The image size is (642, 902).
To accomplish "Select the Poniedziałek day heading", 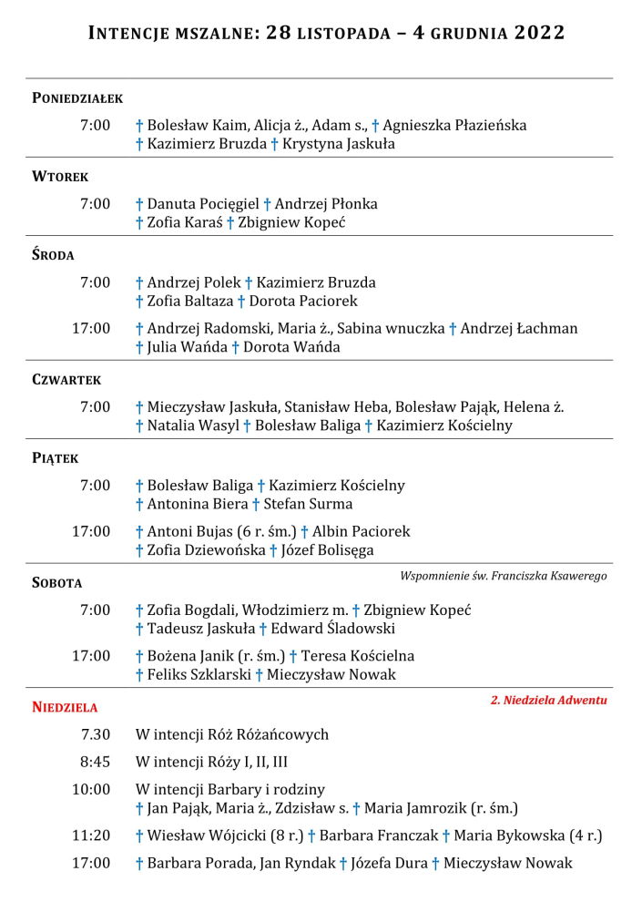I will point(77,98).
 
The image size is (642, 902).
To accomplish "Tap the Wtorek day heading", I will point(60,177).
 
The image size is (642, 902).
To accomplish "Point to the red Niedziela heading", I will point(65,707).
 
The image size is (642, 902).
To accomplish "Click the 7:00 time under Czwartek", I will point(95,406).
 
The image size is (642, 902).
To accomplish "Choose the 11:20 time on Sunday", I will point(91,835).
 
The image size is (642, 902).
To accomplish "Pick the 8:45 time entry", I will point(95,762).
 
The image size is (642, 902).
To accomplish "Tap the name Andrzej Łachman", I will point(519,328).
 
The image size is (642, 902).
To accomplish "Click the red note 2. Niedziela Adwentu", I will point(548,701).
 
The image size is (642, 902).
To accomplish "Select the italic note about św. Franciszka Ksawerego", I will point(503,576).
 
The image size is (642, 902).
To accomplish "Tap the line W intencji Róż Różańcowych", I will point(232,734).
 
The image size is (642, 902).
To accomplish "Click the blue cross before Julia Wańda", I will point(139,347).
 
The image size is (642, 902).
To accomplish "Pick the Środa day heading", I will point(53,255).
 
